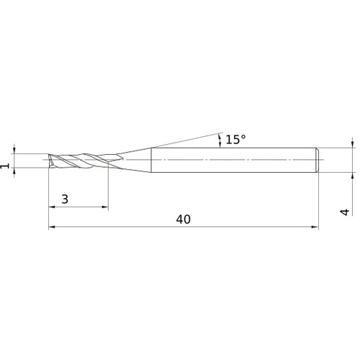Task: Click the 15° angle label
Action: click(236, 140)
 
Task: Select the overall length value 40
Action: click(182, 220)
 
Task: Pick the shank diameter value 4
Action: click(345, 212)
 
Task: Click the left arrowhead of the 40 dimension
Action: click(52, 228)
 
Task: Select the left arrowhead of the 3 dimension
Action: click(52, 207)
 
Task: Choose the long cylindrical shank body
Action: click(230, 159)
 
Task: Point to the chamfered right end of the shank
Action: click(317, 159)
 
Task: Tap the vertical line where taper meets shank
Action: click(150, 159)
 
